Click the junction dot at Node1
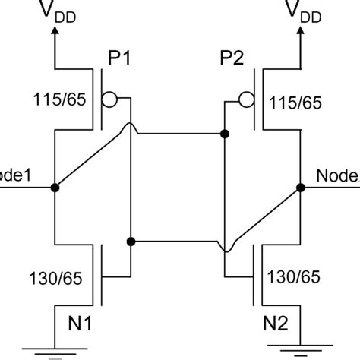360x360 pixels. click(x=55, y=186)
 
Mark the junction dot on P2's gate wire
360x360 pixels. click(x=225, y=134)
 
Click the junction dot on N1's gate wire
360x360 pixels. click(x=131, y=241)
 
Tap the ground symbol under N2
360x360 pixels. click(x=301, y=350)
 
